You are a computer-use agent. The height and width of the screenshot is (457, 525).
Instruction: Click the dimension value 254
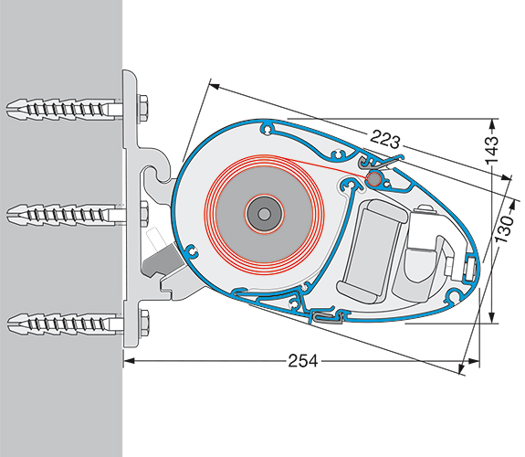[303, 361]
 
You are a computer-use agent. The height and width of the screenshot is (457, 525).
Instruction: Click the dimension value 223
[385, 140]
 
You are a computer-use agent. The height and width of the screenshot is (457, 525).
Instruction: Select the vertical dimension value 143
[492, 150]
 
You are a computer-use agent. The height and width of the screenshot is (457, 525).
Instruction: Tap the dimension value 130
[504, 229]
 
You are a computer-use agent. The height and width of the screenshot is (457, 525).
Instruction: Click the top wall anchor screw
[64, 108]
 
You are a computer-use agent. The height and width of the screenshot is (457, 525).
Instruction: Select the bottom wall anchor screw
[64, 323]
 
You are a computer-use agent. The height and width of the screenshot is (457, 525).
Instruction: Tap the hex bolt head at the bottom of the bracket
[143, 323]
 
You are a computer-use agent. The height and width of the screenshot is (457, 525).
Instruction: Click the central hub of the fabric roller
[265, 213]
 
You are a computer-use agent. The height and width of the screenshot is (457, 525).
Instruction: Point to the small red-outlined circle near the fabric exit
[374, 178]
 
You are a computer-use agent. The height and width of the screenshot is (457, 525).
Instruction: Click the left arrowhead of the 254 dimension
[130, 361]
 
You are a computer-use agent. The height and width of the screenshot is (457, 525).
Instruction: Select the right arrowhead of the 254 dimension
[474, 361]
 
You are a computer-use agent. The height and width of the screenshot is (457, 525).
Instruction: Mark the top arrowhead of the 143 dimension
[491, 124]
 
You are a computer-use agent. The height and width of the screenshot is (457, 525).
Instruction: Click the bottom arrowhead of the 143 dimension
[491, 318]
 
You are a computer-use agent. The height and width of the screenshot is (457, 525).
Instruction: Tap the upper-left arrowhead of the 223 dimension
[215, 86]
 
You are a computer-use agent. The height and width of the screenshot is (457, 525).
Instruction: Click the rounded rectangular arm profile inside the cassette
[373, 250]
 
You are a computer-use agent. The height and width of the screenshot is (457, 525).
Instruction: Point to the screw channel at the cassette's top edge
[268, 129]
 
